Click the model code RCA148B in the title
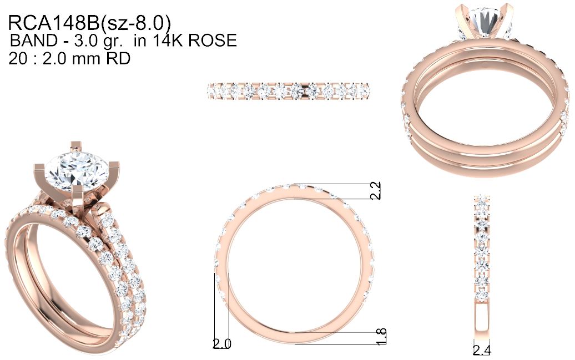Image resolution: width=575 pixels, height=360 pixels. (x=53, y=23)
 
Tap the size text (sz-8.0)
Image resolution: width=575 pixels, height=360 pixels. (x=135, y=23)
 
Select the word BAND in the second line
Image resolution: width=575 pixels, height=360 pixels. (x=34, y=40)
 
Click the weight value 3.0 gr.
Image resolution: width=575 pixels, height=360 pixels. (x=98, y=41)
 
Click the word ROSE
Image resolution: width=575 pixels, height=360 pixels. (x=213, y=40)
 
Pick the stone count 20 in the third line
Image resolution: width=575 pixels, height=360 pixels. (x=18, y=58)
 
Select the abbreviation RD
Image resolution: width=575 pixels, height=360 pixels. (x=118, y=58)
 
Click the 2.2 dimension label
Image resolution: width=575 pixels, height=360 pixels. (x=376, y=191)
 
